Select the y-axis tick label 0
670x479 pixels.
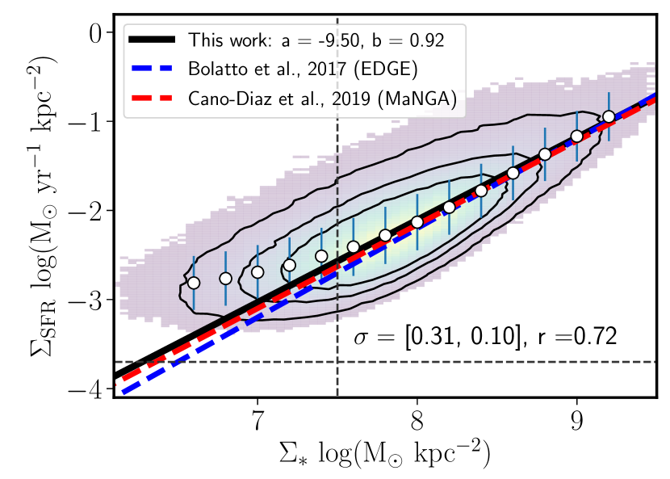pos(99,33)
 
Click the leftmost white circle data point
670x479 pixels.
pos(193,283)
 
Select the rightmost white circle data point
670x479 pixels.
pos(609,117)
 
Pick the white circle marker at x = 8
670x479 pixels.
pos(417,222)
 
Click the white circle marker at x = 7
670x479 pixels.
pos(257,271)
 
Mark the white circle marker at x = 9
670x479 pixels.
pos(576,137)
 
